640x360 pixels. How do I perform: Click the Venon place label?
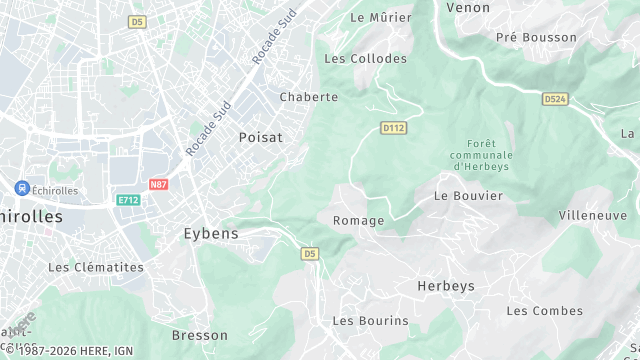click(468, 7)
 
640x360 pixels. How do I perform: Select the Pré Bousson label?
click(536, 38)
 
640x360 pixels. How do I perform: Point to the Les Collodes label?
click(365, 59)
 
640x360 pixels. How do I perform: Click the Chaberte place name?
click(309, 97)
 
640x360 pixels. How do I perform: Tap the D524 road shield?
click(555, 99)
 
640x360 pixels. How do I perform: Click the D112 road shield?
click(393, 128)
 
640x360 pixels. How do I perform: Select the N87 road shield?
click(158, 185)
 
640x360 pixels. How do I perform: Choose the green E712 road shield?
click(127, 200)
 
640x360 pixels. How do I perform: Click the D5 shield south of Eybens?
click(309, 254)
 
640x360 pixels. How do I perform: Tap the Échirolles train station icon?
click(21, 188)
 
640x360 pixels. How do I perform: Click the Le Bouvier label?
click(468, 196)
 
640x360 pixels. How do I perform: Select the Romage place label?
click(358, 220)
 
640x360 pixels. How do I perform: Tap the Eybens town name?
click(211, 233)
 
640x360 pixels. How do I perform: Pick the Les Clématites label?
click(96, 268)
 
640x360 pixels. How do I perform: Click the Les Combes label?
click(544, 311)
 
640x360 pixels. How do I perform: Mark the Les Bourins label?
click(370, 321)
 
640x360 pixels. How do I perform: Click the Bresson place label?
click(200, 335)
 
